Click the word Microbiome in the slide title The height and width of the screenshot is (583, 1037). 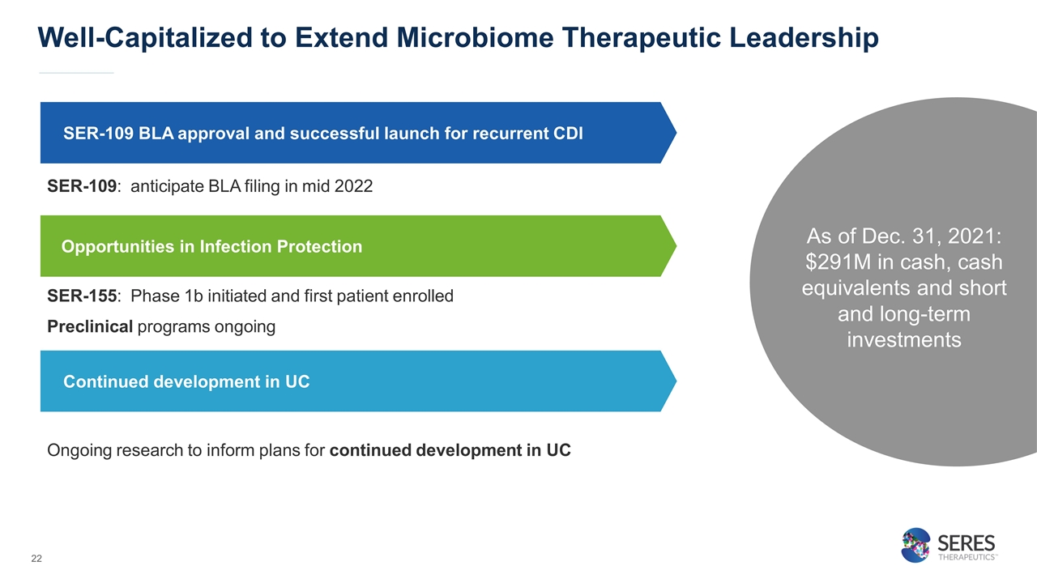[x=475, y=37]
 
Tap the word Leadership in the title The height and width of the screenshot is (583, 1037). [x=804, y=38]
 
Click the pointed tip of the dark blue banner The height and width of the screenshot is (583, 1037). [x=676, y=133]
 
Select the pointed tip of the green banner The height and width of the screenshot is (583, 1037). [x=676, y=246]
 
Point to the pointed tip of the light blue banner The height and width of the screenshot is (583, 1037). [x=676, y=381]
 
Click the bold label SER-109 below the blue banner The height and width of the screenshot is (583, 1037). [x=82, y=186]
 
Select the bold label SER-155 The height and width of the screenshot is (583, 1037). [x=82, y=296]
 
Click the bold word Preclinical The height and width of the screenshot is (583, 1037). [x=90, y=326]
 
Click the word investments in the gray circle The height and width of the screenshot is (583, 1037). [x=903, y=340]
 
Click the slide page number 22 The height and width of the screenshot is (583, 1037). [x=36, y=559]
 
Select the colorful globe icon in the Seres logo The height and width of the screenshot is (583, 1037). [x=915, y=546]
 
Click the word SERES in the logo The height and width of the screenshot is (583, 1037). [x=967, y=543]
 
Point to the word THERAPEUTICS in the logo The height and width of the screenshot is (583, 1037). [x=967, y=557]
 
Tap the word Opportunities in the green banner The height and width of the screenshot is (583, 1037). [x=117, y=247]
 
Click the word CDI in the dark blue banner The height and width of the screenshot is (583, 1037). [x=568, y=134]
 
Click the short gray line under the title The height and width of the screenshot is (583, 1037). [x=76, y=73]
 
